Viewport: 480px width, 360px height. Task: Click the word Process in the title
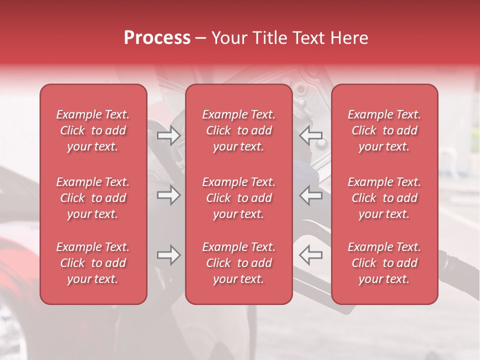pyautogui.click(x=157, y=38)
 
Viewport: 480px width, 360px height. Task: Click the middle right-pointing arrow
pyautogui.click(x=169, y=195)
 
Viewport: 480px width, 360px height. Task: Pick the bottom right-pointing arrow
pyautogui.click(x=169, y=255)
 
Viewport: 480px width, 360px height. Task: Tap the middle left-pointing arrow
pyautogui.click(x=310, y=195)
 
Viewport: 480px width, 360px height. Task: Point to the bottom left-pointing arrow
pyautogui.click(x=310, y=255)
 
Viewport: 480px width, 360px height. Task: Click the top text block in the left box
pyautogui.click(x=93, y=130)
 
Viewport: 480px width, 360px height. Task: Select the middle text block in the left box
pyautogui.click(x=93, y=198)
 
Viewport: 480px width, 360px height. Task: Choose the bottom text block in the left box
pyautogui.click(x=93, y=263)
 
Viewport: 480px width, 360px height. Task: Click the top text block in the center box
pyautogui.click(x=239, y=130)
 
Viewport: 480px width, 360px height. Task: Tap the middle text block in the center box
pyautogui.click(x=239, y=198)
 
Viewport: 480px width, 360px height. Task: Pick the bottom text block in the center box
pyautogui.click(x=239, y=263)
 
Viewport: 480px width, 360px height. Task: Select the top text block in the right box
pyautogui.click(x=384, y=130)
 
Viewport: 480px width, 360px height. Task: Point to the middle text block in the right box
pyautogui.click(x=384, y=198)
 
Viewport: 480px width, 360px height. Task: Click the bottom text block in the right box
pyautogui.click(x=384, y=263)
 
